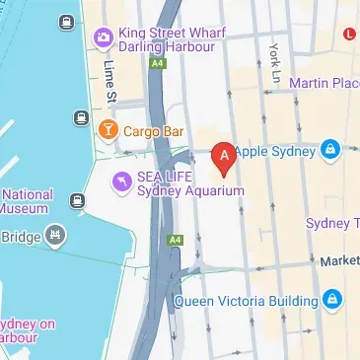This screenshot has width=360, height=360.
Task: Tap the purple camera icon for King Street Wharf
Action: click(103, 37)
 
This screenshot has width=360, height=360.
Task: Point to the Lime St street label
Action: click(109, 82)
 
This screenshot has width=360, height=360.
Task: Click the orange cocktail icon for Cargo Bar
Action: click(108, 129)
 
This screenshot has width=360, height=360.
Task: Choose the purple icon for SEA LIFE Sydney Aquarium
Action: click(121, 181)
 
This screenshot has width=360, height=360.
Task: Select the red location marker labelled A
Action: click(225, 155)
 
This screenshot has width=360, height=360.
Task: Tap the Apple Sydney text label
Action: click(276, 151)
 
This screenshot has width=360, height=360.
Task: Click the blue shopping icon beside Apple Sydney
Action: click(329, 151)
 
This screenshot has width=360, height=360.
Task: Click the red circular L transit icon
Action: click(349, 33)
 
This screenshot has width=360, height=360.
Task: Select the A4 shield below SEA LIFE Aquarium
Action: click(175, 239)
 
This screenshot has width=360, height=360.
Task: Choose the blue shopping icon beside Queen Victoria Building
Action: click(333, 299)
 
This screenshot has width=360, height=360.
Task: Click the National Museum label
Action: click(27, 201)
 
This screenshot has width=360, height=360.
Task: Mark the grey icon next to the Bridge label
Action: click(55, 236)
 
